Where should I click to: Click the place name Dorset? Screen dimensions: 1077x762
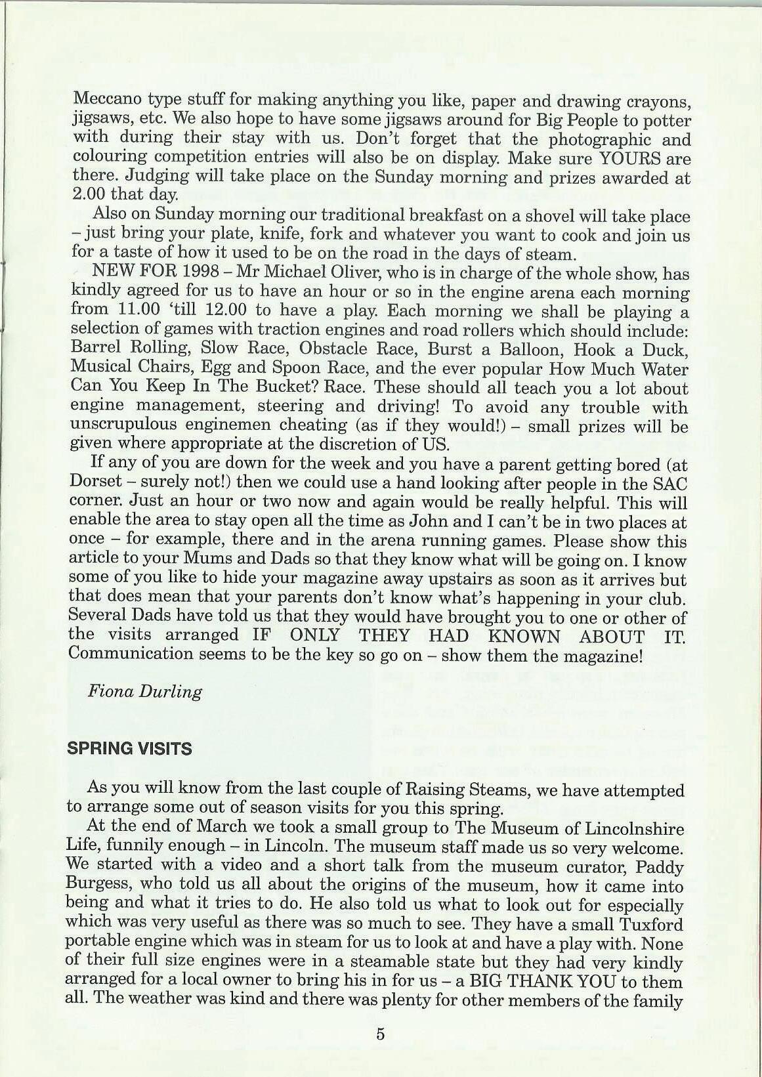pyautogui.click(x=95, y=482)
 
